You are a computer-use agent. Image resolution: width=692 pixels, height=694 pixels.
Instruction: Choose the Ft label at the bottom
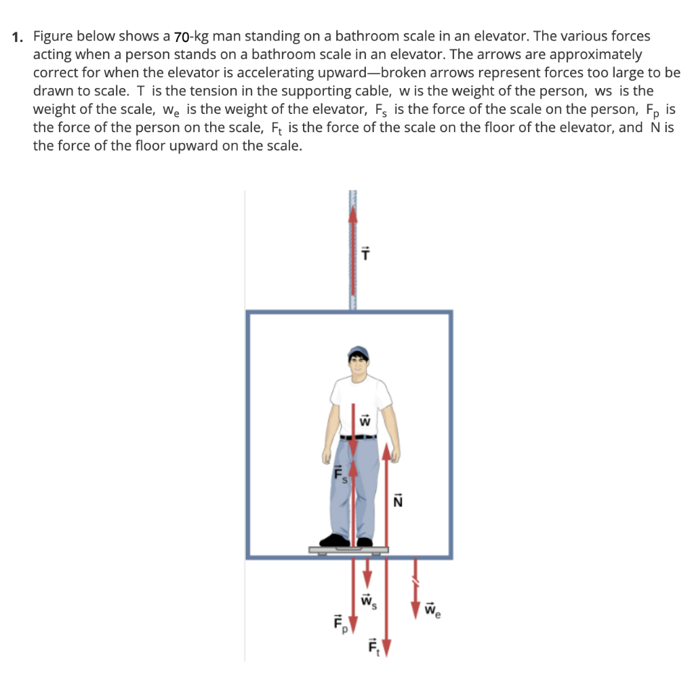pos(373,647)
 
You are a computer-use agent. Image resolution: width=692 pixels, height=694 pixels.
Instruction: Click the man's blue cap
pos(358,352)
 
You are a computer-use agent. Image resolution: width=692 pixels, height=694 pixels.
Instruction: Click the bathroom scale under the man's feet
pos(349,550)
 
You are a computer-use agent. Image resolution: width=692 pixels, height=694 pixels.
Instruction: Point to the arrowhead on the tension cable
pos(352,213)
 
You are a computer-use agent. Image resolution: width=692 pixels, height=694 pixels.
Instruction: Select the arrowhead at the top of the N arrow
pos(386,451)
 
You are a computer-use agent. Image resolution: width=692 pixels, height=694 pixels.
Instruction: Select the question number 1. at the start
pos(19,36)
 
